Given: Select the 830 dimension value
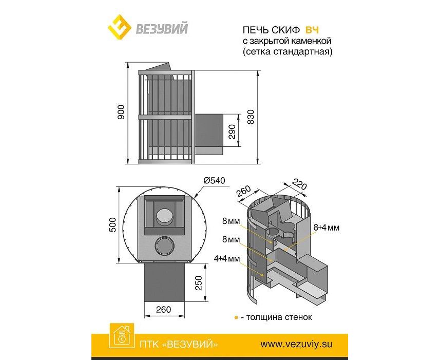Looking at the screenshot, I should click(265, 119).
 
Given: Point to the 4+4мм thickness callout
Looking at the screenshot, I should click(226, 260).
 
